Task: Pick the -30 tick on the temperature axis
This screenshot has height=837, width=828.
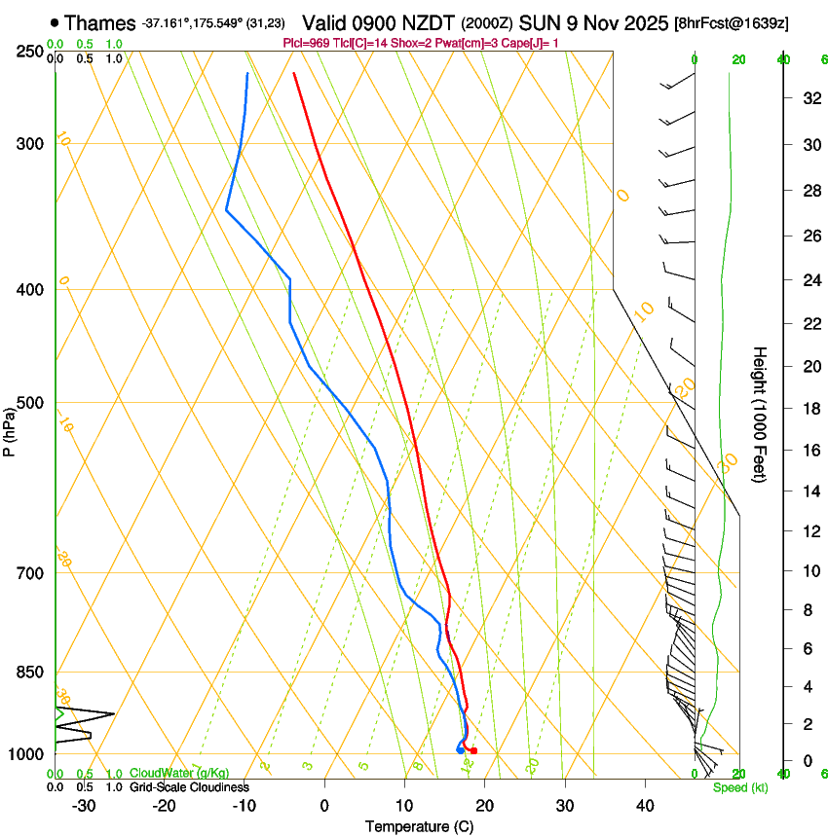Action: [84, 805]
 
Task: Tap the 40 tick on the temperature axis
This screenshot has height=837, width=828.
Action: [644, 805]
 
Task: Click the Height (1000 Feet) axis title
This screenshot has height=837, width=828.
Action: [760, 415]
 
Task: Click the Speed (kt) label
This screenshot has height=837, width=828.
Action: [739, 787]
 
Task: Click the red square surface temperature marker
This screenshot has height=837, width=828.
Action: [473, 750]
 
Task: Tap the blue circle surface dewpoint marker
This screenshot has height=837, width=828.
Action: [460, 749]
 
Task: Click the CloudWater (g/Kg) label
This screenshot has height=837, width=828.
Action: [179, 773]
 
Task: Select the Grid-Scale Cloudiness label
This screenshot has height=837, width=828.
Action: [189, 786]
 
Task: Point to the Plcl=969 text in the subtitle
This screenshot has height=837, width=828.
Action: [308, 43]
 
